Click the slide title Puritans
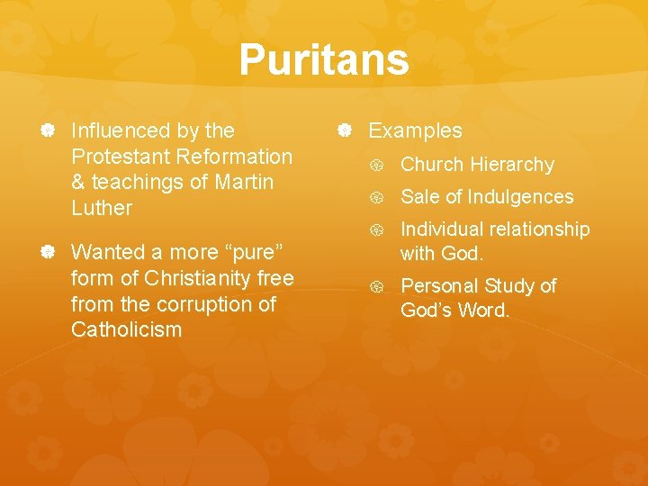(x=324, y=61)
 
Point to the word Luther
(x=101, y=208)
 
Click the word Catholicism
(x=126, y=329)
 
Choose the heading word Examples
(x=415, y=130)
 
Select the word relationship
(x=542, y=229)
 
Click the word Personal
(x=437, y=286)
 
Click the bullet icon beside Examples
(x=344, y=131)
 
